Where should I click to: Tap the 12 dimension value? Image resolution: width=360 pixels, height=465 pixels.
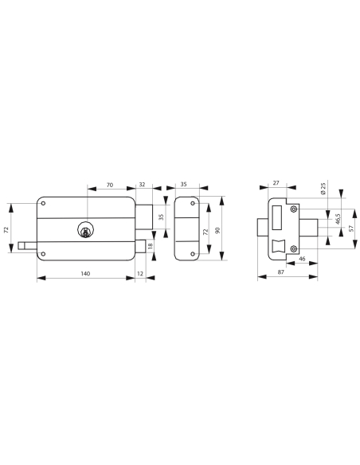pos(141,273)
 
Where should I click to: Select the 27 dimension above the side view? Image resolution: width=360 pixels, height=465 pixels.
pos(276,184)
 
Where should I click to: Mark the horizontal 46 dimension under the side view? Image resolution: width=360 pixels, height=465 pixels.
pos(302,260)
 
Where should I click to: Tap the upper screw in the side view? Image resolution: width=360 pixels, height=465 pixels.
pos(294,209)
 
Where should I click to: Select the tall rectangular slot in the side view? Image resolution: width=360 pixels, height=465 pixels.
pos(277,218)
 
